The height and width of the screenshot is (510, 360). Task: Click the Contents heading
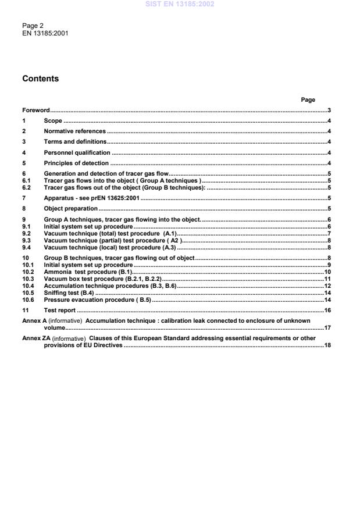click(x=40, y=79)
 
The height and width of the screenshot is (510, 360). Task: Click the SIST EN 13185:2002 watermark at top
click(x=180, y=4)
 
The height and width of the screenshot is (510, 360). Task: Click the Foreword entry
click(x=35, y=110)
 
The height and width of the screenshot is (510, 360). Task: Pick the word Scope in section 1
click(x=53, y=121)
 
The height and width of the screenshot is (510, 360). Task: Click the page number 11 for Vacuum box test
click(x=327, y=279)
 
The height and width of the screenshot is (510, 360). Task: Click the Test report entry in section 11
click(x=60, y=311)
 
